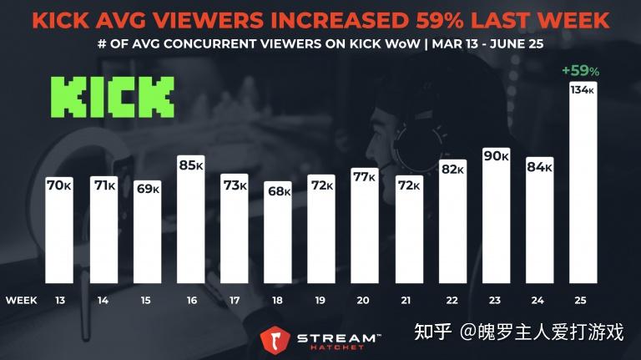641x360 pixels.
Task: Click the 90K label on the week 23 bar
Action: [497, 157]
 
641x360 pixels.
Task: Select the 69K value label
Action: [148, 189]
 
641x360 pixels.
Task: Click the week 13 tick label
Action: [61, 299]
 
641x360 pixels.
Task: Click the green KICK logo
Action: [111, 96]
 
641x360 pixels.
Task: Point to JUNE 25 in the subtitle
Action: [515, 44]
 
